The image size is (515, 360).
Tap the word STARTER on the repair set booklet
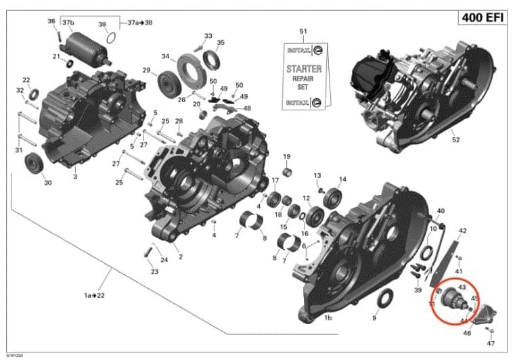tap(304, 68)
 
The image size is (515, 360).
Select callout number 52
tap(455, 140)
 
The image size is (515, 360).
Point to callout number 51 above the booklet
tap(303, 32)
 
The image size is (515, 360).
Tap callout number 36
tap(51, 22)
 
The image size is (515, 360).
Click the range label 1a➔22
tap(94, 296)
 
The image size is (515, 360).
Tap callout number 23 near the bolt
tap(154, 272)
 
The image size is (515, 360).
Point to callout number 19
tap(286, 157)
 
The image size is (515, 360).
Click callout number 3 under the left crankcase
tap(75, 177)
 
